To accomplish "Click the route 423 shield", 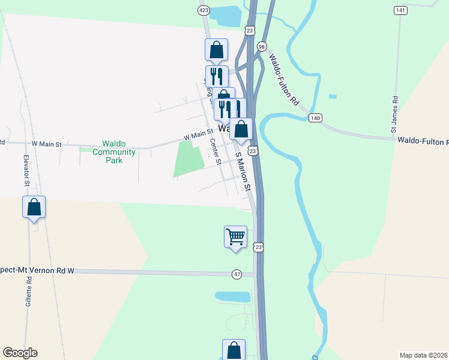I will point(203,10).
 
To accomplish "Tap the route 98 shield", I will point(262,46).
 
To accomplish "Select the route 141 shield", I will point(401,10).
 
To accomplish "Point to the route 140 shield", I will point(315,118).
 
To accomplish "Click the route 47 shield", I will point(237,274).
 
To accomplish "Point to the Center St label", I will point(215,150).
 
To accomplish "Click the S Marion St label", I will point(243,172).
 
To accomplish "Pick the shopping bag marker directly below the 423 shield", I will point(216,50).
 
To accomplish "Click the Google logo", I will point(20,353).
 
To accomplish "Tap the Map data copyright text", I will point(424,355).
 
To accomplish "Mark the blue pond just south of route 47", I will point(233,296).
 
